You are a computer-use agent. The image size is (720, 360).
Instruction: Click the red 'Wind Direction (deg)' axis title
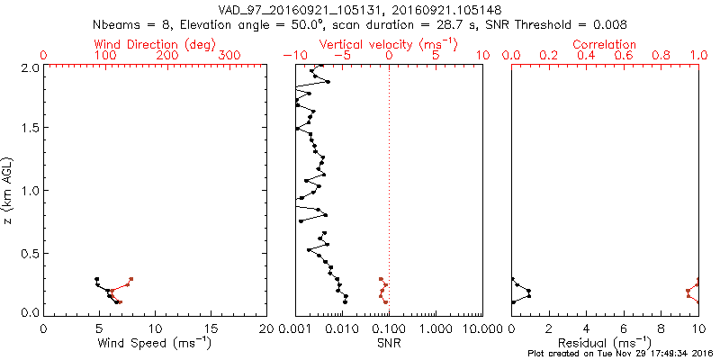(x=155, y=43)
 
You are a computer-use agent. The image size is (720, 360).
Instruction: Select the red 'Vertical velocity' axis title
(x=388, y=43)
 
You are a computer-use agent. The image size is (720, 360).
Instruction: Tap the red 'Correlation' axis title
(x=605, y=43)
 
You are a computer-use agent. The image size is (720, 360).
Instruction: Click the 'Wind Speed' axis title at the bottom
(x=155, y=343)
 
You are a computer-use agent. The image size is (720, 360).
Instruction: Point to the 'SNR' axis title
(x=389, y=343)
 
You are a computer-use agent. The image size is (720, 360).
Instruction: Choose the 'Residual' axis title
(x=605, y=343)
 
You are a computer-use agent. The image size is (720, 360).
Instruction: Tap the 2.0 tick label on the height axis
(x=30, y=67)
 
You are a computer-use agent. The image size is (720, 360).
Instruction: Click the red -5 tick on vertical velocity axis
(x=342, y=55)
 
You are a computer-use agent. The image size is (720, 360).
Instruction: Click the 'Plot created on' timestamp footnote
(x=620, y=354)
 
